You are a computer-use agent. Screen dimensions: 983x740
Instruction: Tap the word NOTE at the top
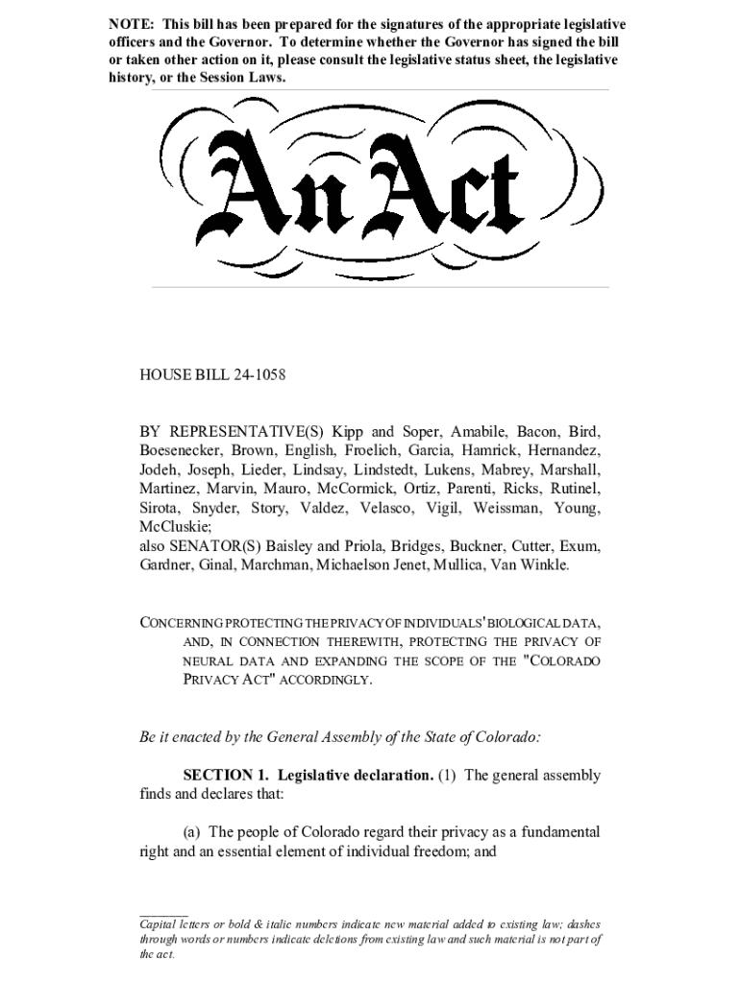pos(130,24)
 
